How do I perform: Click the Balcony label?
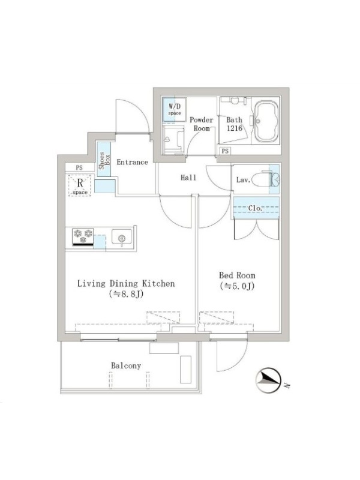[x=126, y=365]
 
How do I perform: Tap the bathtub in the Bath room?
[x=266, y=121]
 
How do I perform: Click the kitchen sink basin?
[x=122, y=238]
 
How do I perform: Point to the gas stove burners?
[x=83, y=236]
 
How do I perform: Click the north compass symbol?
[x=268, y=380]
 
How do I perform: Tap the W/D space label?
[x=175, y=109]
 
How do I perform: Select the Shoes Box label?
[x=104, y=160]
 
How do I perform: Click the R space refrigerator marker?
[x=80, y=185]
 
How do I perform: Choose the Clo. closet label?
[x=256, y=208]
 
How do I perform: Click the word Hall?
[x=188, y=178]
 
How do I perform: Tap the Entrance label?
[x=132, y=162]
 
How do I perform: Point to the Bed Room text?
[x=237, y=275]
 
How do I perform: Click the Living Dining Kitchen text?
[x=126, y=283]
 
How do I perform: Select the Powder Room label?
[x=201, y=124]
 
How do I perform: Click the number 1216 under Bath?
[x=234, y=128]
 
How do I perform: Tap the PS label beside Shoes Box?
[x=79, y=168]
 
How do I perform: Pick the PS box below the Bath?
[x=225, y=151]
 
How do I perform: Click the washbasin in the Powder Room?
[x=173, y=140]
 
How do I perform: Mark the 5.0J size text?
[x=237, y=286]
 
